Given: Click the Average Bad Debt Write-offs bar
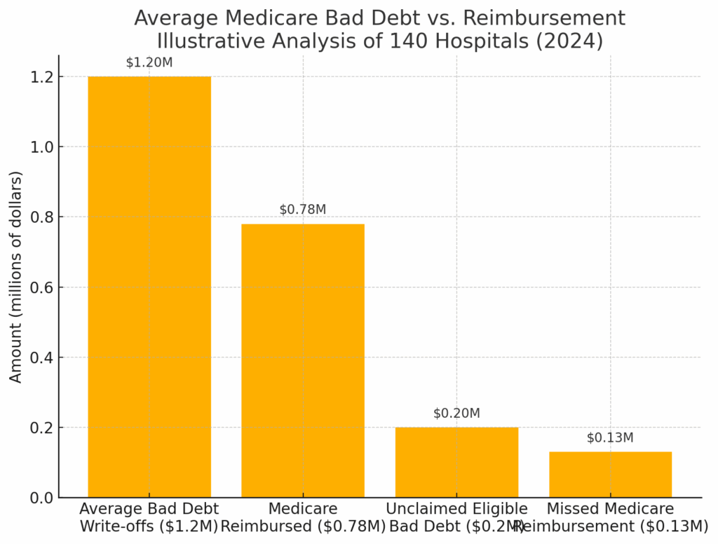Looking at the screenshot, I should coord(149,287).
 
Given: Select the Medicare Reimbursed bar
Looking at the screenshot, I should coord(303,360).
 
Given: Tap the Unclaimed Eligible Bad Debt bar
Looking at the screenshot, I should coord(456,462).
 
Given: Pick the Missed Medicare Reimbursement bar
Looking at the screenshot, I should coord(610,475).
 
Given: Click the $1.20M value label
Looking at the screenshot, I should coord(149,62).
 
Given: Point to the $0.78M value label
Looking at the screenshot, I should coord(303,210).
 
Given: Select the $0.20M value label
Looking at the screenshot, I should coord(456,414).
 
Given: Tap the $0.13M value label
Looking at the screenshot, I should coord(610,438).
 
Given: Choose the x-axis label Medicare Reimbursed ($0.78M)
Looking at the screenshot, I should coord(303,517).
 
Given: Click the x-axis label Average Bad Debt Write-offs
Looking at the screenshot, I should coord(149,517).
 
